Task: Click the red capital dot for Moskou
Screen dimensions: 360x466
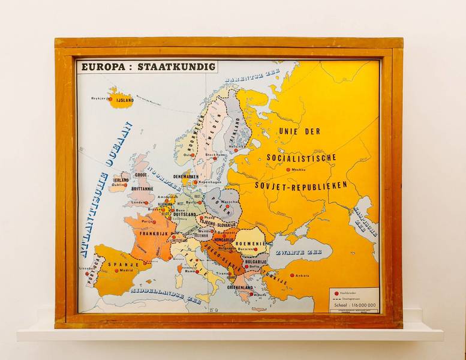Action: click(288, 170)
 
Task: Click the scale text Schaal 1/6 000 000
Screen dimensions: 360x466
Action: click(353, 305)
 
